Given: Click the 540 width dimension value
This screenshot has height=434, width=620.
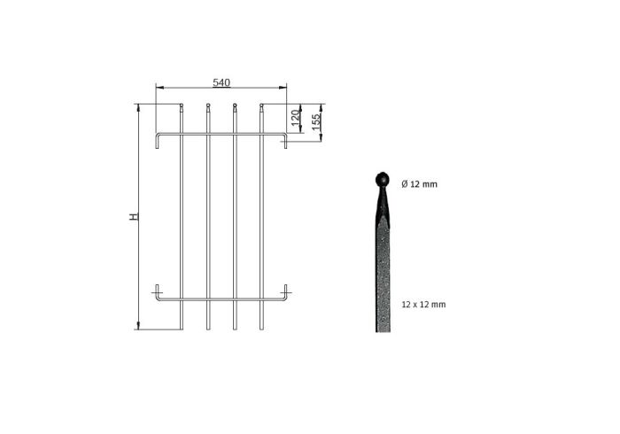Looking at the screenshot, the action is tap(221, 82).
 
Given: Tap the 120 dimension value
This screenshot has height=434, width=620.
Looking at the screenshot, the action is tap(295, 118).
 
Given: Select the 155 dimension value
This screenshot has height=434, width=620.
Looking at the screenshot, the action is tap(315, 121).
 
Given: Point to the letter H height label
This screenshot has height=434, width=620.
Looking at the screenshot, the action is tap(135, 217).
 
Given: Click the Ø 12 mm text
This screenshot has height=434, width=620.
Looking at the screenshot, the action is tap(420, 184).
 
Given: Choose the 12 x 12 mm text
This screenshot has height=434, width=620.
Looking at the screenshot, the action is tap(423, 305).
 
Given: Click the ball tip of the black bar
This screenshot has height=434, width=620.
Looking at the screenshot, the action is tap(382, 179).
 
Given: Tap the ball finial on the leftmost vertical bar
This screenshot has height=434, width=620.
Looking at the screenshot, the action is tap(182, 105).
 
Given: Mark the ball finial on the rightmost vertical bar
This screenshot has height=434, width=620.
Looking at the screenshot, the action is tap(261, 105).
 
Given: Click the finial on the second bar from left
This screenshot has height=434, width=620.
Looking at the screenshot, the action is tap(208, 105).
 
